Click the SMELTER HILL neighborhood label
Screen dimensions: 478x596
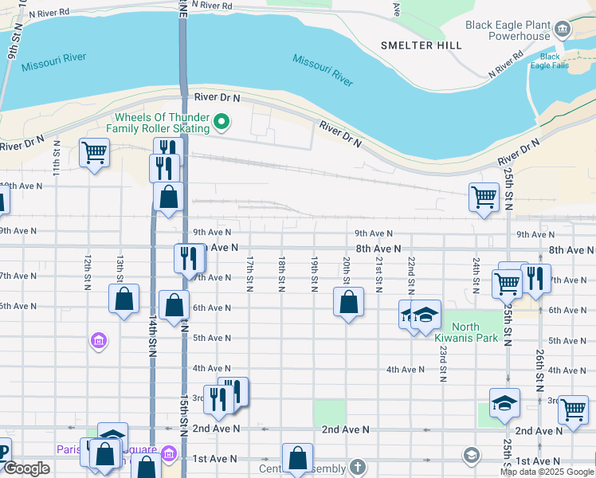pos(421,45)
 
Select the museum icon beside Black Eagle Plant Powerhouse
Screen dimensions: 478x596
pos(563,30)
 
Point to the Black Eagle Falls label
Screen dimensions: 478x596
pos(550,62)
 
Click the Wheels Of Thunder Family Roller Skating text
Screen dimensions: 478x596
pos(162,123)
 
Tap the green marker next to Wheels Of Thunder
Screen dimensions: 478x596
pos(222,123)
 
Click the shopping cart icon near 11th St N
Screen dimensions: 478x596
pos(94,151)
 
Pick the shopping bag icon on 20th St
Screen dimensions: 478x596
pos(348,301)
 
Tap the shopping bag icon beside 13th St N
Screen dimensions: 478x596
pos(124,300)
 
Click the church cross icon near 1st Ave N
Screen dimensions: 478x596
pos(359,466)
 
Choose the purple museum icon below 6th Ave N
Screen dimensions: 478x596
pos(98,342)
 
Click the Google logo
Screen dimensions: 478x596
pos(25,468)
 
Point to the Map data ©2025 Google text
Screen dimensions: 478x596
pos(547,472)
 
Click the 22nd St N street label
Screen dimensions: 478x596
pos(411,272)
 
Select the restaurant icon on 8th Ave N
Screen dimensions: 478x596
pos(188,257)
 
